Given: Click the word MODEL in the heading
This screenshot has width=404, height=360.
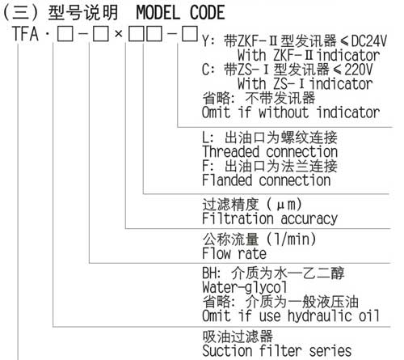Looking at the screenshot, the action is point(158,12).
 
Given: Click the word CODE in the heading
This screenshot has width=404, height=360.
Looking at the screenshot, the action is point(208,12).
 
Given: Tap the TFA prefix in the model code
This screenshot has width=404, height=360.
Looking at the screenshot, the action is point(25,34).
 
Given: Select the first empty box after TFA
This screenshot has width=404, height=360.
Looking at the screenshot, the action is point(65,35).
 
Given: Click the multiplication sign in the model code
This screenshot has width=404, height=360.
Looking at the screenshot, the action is point(119,34).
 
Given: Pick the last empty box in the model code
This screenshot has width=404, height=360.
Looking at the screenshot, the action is point(190,34).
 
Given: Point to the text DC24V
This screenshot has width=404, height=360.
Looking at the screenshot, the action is point(369,41).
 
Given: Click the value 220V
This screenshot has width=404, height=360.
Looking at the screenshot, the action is point(359,70).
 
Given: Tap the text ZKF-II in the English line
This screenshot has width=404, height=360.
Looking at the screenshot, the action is point(293,55).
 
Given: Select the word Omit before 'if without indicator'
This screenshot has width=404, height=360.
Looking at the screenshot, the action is point(217,112).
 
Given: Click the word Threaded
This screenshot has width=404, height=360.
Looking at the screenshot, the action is point(231,151).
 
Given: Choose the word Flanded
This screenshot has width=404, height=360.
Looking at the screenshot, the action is point(227,180).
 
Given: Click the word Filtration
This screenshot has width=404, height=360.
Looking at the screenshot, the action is point(238,218).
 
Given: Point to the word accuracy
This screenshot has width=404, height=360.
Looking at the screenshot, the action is point(309,219).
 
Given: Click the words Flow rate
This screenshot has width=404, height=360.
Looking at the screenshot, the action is point(234,253).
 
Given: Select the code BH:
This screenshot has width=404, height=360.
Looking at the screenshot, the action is point(212,273).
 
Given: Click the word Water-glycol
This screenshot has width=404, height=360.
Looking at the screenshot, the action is point(245,287).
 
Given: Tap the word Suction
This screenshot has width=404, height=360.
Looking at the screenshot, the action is point(227,351).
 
